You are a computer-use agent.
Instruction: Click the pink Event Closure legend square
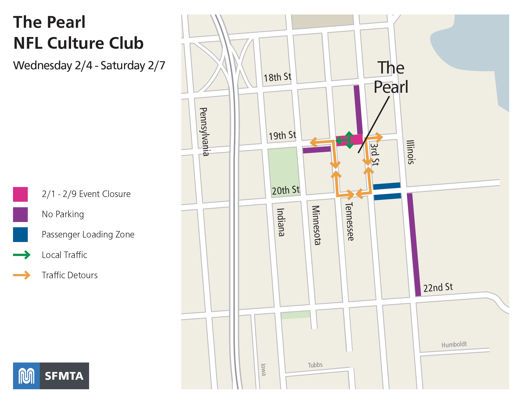point(20,194)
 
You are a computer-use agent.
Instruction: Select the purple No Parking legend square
point(20,214)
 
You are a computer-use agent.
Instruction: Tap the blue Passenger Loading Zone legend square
point(20,234)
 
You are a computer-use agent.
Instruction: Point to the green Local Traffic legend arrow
point(22,255)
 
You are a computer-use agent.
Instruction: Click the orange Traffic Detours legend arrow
point(22,275)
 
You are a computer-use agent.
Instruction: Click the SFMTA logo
point(51,376)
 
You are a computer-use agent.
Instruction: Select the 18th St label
point(278,77)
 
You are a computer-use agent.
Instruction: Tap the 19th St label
point(282,135)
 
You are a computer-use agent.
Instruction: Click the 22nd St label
point(438,287)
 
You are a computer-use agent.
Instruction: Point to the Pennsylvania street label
point(205,132)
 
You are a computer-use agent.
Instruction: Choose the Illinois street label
point(410,152)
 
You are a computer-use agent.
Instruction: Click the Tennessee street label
point(349,221)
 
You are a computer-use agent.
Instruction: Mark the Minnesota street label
point(316,225)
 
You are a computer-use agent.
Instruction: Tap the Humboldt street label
point(454,344)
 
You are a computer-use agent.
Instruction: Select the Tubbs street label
point(315,365)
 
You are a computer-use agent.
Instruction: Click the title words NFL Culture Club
point(78,43)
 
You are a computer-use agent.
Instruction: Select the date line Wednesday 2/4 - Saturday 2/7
point(89,65)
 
